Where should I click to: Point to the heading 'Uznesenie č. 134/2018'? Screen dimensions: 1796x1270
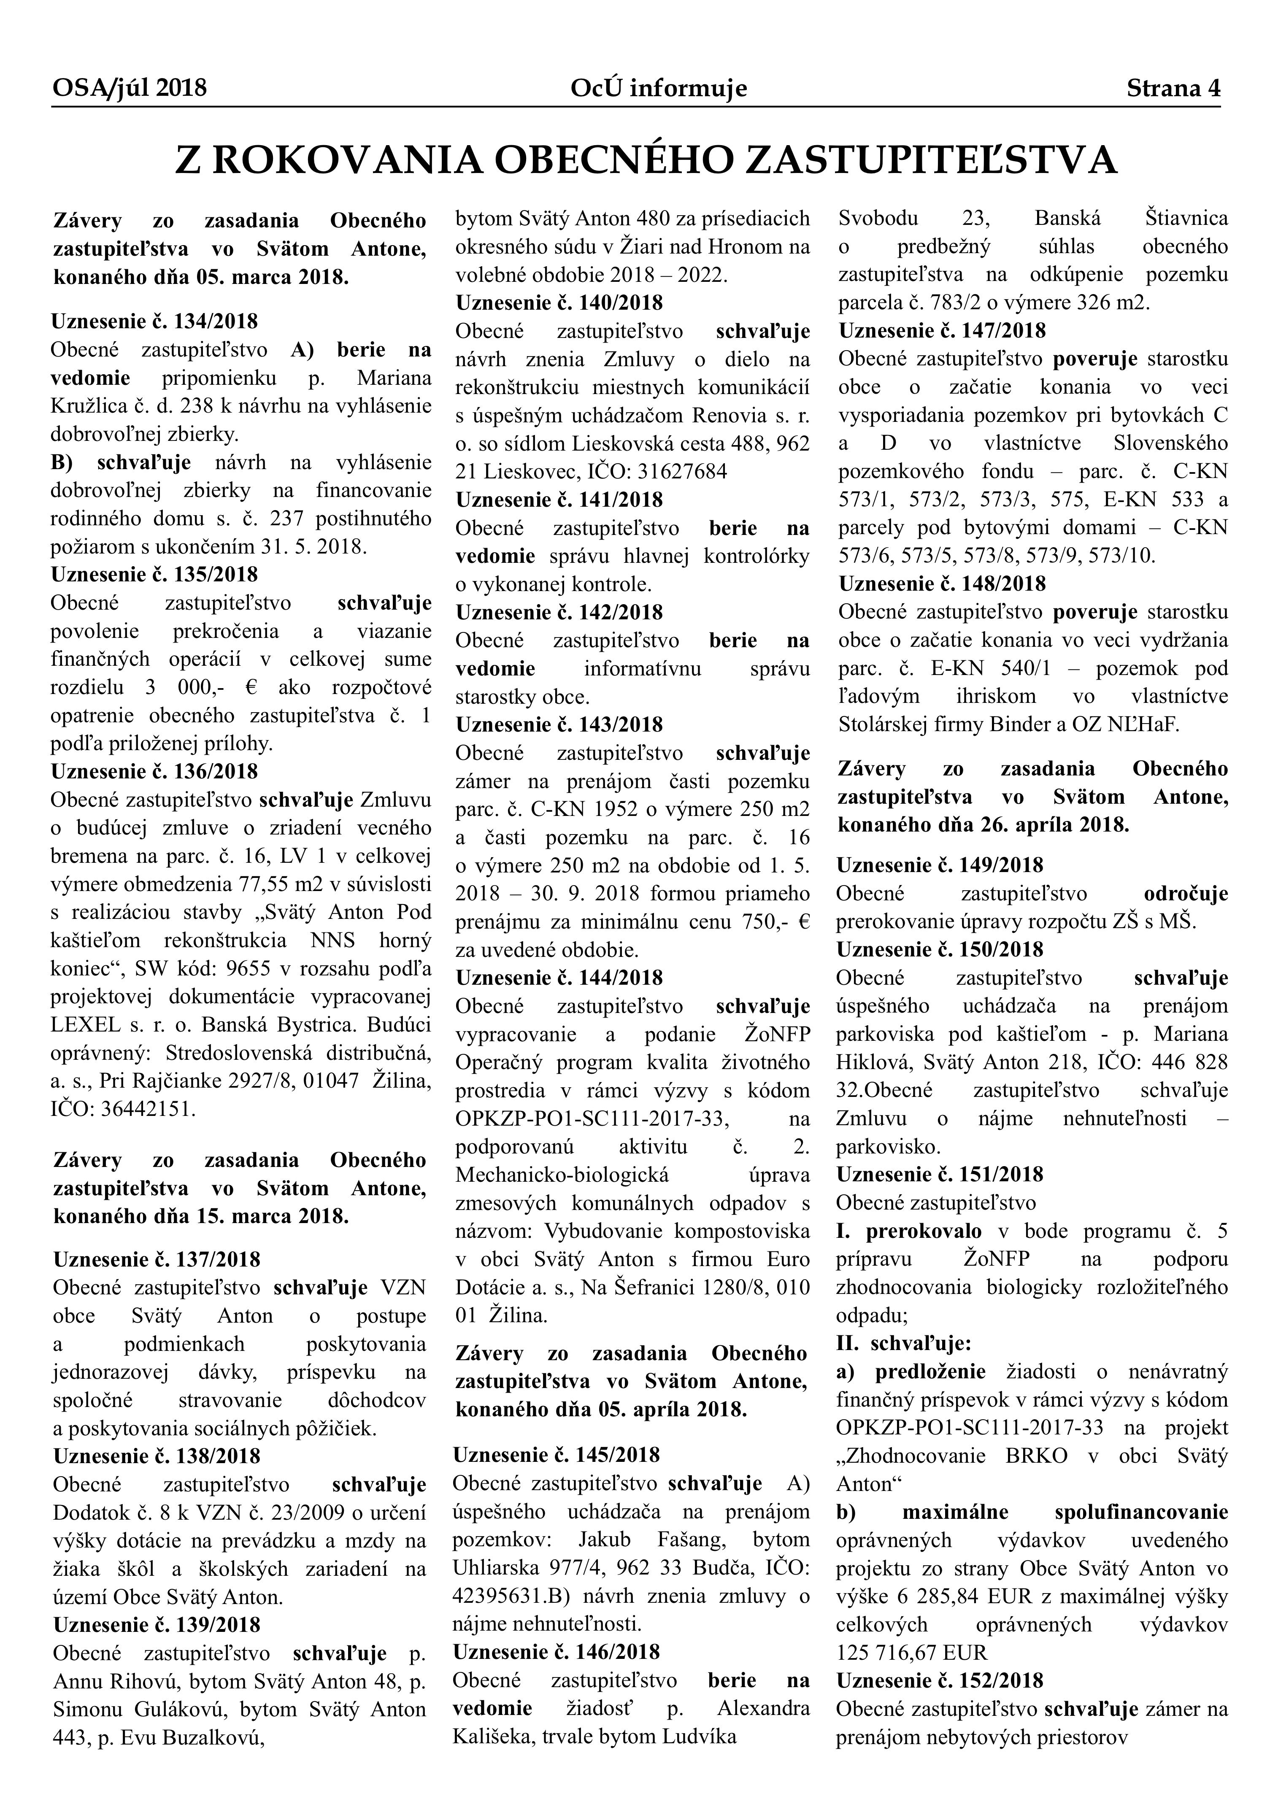154,321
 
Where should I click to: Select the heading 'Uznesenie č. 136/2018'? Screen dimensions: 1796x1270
154,771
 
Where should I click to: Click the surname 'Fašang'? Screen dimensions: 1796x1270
693,1539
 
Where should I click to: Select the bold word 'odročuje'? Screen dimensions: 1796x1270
1186,893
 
